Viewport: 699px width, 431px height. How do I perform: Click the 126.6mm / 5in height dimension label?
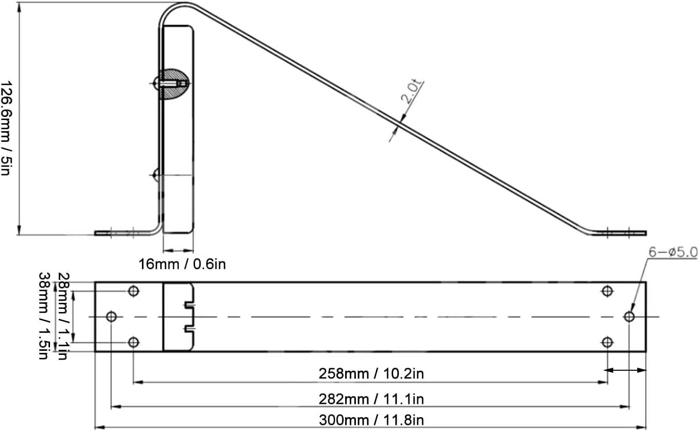point(6,128)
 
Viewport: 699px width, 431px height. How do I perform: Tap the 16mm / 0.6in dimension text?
point(182,264)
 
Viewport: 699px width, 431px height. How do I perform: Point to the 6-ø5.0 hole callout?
point(672,252)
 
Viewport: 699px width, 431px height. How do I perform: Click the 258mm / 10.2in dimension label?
point(371,374)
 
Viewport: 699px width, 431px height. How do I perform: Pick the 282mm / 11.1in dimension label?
point(371,398)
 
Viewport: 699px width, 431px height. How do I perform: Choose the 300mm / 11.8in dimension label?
point(371,421)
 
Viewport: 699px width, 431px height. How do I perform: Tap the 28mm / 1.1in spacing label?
point(62,316)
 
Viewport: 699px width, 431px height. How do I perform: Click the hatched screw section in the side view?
point(174,84)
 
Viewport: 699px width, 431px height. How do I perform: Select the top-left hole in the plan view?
point(133,291)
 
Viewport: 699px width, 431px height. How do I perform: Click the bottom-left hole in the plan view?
point(133,342)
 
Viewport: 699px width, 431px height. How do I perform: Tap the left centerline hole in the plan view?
point(111,317)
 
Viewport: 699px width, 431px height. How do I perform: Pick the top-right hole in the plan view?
point(607,291)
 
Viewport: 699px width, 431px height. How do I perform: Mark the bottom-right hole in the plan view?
point(607,342)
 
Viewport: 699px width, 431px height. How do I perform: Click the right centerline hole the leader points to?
point(629,317)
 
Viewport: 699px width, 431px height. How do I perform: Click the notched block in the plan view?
point(178,317)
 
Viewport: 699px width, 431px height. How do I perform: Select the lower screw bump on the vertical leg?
point(156,175)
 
